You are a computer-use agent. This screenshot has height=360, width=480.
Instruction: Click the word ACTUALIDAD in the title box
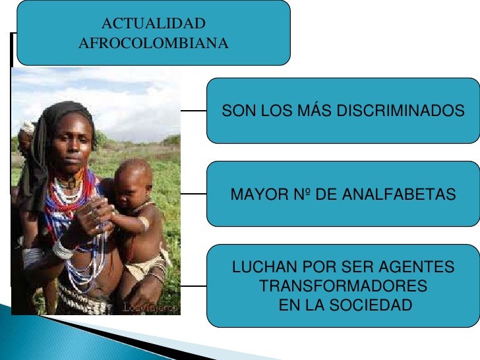[x=153, y=24]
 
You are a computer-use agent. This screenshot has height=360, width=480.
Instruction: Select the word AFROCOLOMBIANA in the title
[x=153, y=44]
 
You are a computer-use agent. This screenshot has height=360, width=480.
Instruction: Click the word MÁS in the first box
[x=313, y=111]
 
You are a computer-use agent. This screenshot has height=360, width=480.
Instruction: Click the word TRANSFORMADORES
[x=343, y=287]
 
